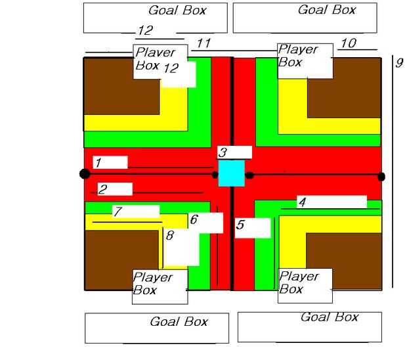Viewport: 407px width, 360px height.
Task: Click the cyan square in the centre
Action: click(x=231, y=173)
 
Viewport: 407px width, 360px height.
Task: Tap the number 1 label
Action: click(x=98, y=162)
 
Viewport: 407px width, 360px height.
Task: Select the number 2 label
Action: click(x=103, y=190)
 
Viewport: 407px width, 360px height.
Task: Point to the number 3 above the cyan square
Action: click(x=223, y=152)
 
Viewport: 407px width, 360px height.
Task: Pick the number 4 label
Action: click(x=302, y=202)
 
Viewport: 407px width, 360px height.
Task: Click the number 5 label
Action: click(x=240, y=225)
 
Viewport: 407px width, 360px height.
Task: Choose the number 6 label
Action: click(x=194, y=220)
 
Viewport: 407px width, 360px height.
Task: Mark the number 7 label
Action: click(x=118, y=212)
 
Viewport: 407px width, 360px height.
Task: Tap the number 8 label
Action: click(x=169, y=235)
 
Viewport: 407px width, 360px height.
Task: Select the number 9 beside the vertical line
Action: click(x=398, y=63)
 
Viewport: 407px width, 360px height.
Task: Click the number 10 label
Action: click(x=349, y=43)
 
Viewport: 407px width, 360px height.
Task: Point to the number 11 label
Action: click(x=203, y=43)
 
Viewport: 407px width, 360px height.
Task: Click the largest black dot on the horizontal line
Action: click(x=85, y=173)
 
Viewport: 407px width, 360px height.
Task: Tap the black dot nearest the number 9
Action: click(x=381, y=176)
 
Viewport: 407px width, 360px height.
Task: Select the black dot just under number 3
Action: click(x=215, y=174)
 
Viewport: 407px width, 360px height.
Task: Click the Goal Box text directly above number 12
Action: click(x=177, y=11)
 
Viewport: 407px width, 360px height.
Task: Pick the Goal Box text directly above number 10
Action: click(x=327, y=10)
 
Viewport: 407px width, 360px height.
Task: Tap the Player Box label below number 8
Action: click(x=153, y=283)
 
